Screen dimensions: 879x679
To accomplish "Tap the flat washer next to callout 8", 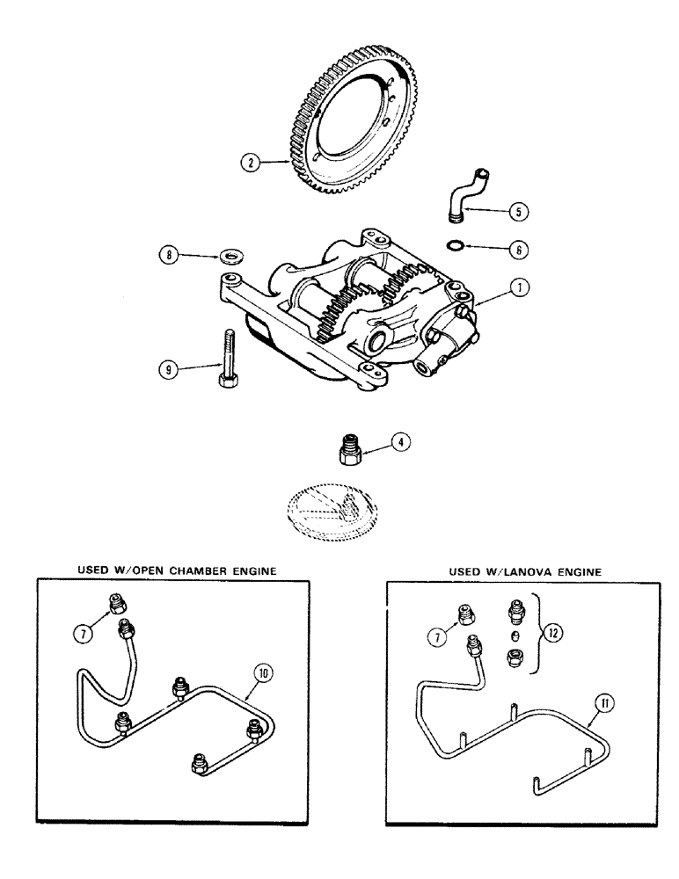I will tap(233, 257).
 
